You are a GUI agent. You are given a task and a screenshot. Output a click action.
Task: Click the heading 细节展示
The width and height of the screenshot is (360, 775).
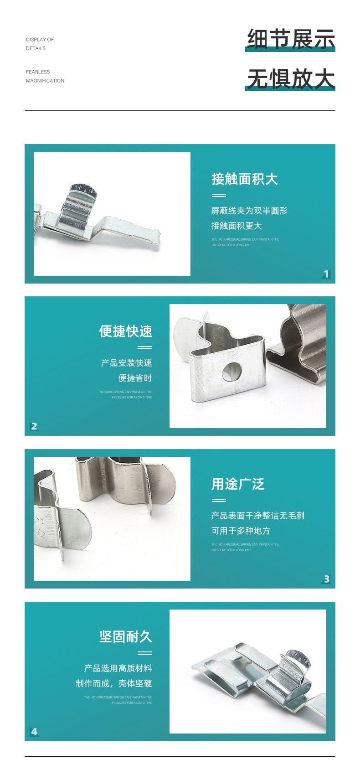pyautogui.click(x=291, y=39)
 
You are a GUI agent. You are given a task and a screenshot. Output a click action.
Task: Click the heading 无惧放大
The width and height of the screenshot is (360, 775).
pyautogui.click(x=291, y=78)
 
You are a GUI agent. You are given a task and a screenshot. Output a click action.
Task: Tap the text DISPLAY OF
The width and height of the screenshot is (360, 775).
pyautogui.click(x=40, y=40)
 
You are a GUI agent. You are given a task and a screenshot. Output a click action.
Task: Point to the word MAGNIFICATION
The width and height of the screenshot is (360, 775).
pyautogui.click(x=45, y=81)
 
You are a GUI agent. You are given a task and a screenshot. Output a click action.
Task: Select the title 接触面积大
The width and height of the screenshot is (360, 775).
pyautogui.click(x=244, y=179)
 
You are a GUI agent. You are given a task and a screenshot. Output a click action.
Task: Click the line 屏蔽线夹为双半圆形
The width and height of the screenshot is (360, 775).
pyautogui.click(x=249, y=211)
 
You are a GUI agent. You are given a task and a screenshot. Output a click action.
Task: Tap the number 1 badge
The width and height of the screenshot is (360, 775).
pyautogui.click(x=326, y=274)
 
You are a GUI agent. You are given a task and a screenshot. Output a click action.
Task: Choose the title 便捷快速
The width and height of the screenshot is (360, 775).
pyautogui.click(x=125, y=331)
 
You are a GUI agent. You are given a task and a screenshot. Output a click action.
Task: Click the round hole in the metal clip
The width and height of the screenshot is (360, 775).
pyautogui.click(x=232, y=372)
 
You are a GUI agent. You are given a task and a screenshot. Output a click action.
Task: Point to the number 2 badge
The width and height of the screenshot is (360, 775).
pyautogui.click(x=34, y=426)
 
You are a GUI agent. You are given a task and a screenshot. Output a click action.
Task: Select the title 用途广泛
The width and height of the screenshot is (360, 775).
pyautogui.click(x=237, y=484)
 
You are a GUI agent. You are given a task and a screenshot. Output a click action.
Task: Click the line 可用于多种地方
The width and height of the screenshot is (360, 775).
pyautogui.click(x=241, y=531)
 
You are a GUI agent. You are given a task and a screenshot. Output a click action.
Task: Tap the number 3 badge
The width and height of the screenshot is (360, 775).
pyautogui.click(x=326, y=579)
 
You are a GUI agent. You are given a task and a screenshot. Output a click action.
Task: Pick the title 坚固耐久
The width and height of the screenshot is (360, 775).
pyautogui.click(x=125, y=636)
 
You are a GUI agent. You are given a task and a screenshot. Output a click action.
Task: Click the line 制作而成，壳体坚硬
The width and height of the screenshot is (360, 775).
pyautogui.click(x=113, y=683)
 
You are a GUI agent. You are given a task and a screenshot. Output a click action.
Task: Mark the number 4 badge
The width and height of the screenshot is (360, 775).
pyautogui.click(x=34, y=732)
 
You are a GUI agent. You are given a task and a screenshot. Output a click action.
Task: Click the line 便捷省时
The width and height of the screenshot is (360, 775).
pyautogui.click(x=135, y=378)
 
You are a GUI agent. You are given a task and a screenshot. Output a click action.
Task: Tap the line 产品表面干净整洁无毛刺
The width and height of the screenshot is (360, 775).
pyautogui.click(x=257, y=516)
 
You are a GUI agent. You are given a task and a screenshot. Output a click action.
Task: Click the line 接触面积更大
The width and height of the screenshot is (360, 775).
pyautogui.click(x=236, y=226)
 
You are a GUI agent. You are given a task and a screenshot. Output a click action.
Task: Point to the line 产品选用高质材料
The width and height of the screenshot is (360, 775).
pyautogui.click(x=118, y=668)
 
